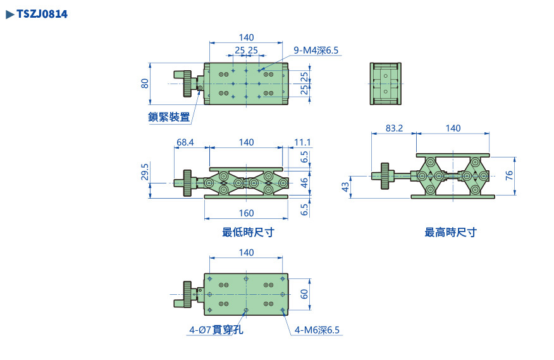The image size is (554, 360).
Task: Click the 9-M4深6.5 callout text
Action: click(316, 50)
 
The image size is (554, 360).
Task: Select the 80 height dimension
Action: click(145, 83)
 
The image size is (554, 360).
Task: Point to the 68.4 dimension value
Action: click(185, 142)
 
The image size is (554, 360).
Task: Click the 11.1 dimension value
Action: click(302, 142)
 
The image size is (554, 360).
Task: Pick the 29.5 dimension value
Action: click(145, 171)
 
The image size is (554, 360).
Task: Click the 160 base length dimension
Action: click(246, 213)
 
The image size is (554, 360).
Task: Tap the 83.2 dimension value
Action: click(393, 128)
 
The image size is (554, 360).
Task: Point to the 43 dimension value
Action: click(345, 187)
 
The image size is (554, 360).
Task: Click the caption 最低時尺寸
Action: click(248, 232)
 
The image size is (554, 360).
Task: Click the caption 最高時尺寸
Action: click(450, 232)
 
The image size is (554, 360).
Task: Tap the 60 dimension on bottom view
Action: click(304, 294)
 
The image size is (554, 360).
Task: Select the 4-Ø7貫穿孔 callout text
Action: click(216, 330)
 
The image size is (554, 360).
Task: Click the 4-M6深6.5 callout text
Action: click(317, 330)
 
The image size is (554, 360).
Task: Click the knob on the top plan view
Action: click(188, 84)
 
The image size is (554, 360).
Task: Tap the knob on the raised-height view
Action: click(385, 176)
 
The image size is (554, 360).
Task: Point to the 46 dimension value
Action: click(304, 182)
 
